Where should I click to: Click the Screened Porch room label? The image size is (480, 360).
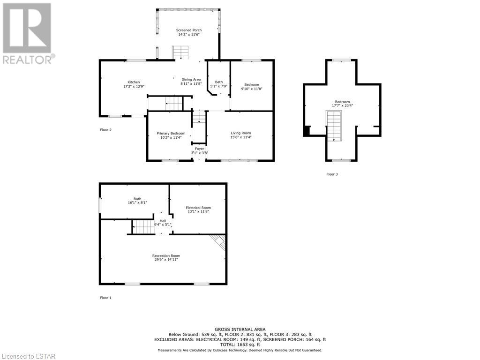tap(189, 30)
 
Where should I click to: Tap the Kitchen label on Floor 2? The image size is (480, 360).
tap(134, 82)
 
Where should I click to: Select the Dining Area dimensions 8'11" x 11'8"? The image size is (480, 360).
tap(191, 83)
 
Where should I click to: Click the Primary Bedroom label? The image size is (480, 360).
tap(171, 133)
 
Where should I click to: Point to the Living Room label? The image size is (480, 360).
tap(240, 133)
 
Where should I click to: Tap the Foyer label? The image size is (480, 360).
tap(200, 149)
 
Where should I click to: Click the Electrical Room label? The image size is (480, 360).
tap(198, 208)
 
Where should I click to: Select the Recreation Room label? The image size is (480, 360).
tap(166, 255)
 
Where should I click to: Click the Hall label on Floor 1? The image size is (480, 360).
tap(163, 221)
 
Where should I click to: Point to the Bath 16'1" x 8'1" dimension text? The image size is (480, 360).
tap(137, 202)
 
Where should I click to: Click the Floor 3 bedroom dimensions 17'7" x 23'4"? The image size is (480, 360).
tap(342, 105)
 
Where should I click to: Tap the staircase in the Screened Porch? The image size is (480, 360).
tap(180, 52)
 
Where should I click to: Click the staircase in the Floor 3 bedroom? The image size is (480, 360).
tap(334, 126)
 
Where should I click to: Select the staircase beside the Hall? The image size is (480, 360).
tap(143, 227)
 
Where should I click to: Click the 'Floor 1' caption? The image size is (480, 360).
tap(106, 298)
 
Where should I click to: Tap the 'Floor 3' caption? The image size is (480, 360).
tap(332, 174)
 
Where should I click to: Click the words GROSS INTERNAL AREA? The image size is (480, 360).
tap(240, 330)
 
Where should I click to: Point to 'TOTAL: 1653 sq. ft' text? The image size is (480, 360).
tap(240, 345)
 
